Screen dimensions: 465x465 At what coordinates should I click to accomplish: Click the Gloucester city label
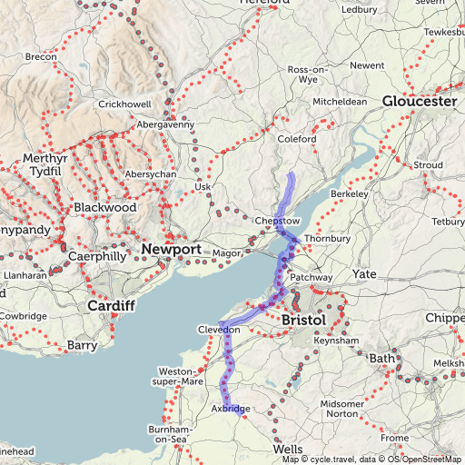point(419,102)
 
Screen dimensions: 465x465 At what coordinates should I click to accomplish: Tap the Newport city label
point(171,249)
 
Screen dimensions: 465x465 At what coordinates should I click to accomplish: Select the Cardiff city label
point(111,306)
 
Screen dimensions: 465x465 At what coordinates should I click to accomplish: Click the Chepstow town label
point(277,222)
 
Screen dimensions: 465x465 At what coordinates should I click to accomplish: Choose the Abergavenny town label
point(165,124)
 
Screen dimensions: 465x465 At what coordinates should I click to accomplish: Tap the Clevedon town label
point(219,330)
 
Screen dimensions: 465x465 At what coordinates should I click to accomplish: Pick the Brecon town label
point(41,57)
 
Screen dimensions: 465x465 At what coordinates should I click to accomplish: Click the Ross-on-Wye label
point(306,74)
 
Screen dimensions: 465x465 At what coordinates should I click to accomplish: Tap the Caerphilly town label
point(97,257)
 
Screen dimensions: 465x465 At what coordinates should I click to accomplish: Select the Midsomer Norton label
point(341,409)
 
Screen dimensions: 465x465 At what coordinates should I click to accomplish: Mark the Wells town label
point(288,450)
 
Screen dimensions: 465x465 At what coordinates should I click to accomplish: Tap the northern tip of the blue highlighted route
point(291,173)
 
